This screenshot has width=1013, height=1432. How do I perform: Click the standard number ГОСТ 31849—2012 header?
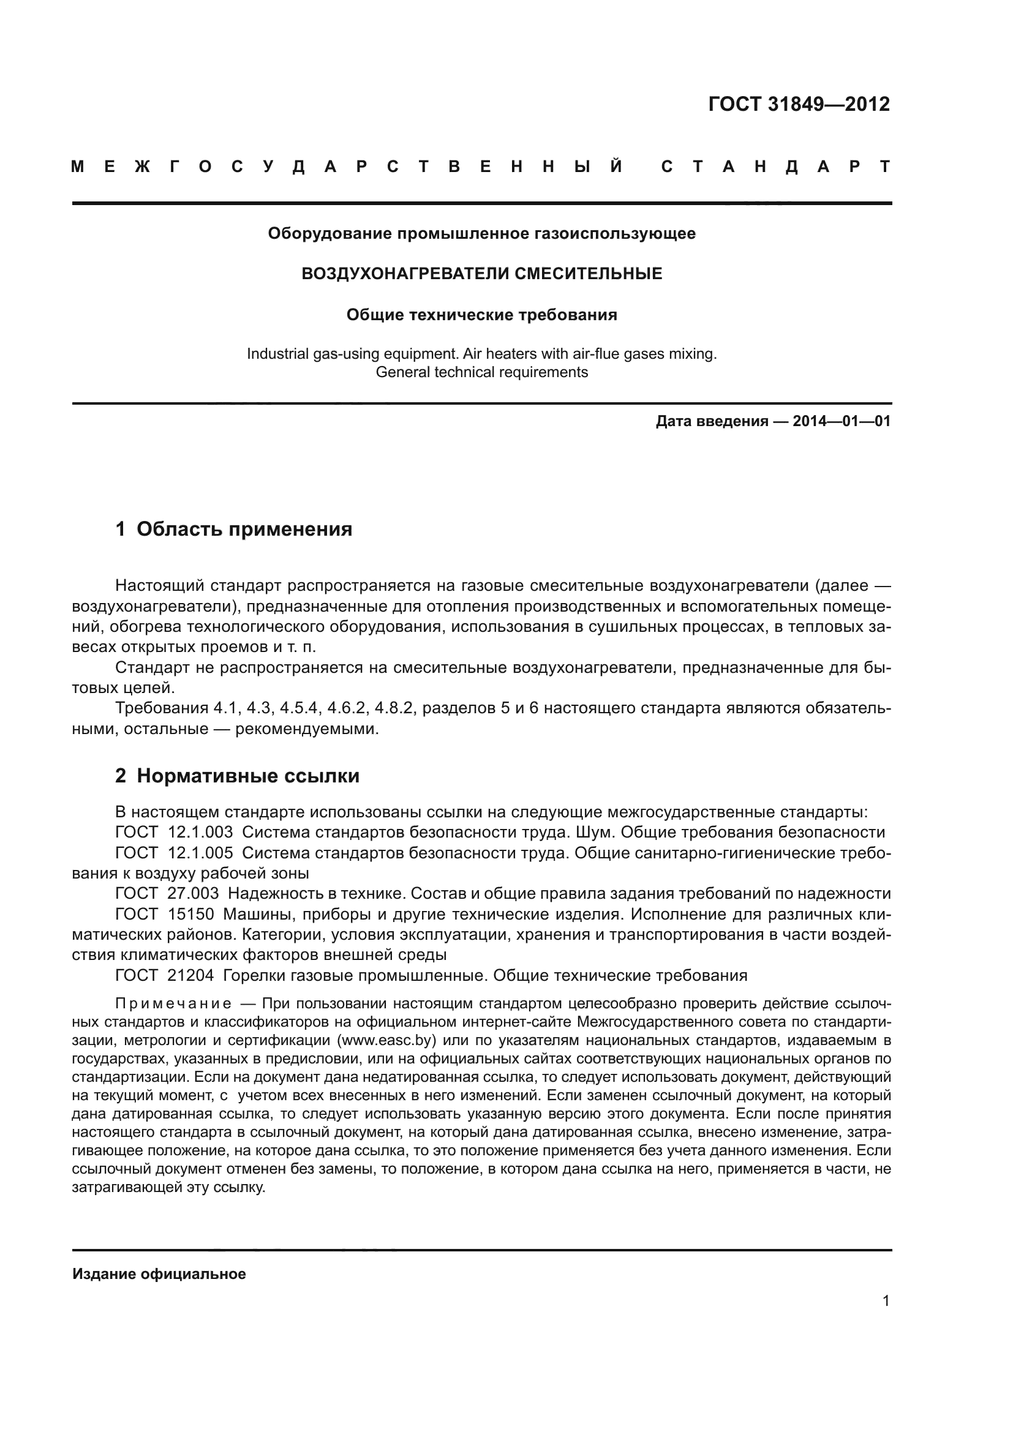click(799, 104)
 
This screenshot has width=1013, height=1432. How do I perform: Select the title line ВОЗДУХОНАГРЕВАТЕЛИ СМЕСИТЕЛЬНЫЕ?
click(481, 273)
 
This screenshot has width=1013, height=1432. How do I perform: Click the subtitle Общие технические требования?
click(481, 315)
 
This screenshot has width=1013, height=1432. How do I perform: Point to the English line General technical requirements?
click(481, 372)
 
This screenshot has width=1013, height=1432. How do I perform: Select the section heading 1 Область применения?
click(234, 530)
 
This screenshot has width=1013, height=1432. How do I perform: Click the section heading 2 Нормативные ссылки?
click(237, 776)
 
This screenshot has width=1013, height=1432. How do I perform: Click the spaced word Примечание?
click(173, 1003)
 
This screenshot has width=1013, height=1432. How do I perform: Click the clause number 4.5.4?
click(300, 708)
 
